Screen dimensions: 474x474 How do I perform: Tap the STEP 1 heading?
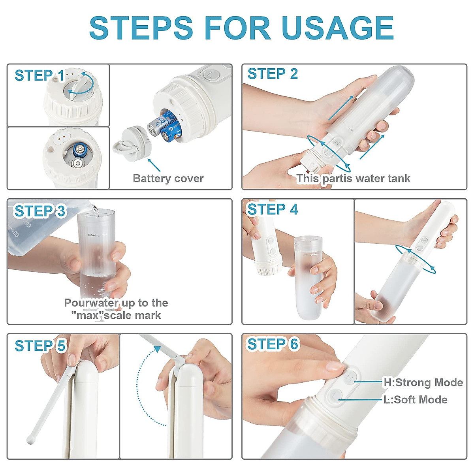(39, 75)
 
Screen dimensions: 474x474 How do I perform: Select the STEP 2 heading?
(273, 74)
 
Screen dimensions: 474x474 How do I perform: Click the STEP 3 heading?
(39, 211)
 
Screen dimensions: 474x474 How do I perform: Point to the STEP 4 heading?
(273, 209)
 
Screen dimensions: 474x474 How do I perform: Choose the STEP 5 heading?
(40, 346)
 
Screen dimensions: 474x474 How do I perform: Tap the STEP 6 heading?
(273, 344)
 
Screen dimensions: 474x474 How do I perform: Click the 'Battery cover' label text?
(168, 179)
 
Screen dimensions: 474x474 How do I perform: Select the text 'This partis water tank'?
(353, 179)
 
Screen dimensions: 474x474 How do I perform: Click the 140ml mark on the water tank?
(92, 235)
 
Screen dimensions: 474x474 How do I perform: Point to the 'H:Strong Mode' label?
(423, 382)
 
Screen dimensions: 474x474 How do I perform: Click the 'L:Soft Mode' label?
(415, 400)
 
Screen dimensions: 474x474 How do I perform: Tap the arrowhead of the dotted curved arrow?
(157, 349)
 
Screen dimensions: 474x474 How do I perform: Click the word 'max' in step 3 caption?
(90, 316)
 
